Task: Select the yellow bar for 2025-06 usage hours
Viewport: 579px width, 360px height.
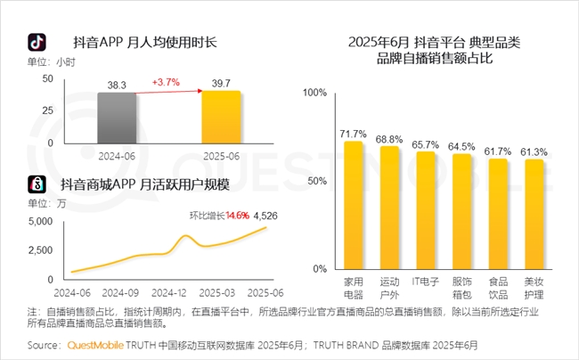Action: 221,116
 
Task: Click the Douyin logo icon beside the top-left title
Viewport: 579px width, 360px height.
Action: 37,42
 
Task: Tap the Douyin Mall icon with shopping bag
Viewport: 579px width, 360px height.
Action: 37,184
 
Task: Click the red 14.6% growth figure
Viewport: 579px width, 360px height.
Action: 237,215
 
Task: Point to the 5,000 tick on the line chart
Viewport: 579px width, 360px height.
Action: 40,222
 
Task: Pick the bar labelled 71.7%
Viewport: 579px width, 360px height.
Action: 354,206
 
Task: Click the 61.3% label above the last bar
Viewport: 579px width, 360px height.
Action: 534,151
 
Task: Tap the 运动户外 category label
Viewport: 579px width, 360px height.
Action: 390,287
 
